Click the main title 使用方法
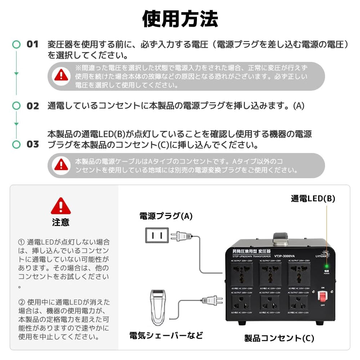[180, 19]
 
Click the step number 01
[32, 44]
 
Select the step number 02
[32, 106]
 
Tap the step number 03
[32, 144]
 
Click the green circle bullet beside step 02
[16, 106]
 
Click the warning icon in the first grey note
[61, 75]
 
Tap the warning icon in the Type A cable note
[61, 165]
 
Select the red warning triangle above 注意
[61, 206]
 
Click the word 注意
[61, 222]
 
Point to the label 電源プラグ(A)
[166, 216]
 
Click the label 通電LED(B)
[313, 198]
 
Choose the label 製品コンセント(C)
[279, 338]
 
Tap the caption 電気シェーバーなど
[166, 336]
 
